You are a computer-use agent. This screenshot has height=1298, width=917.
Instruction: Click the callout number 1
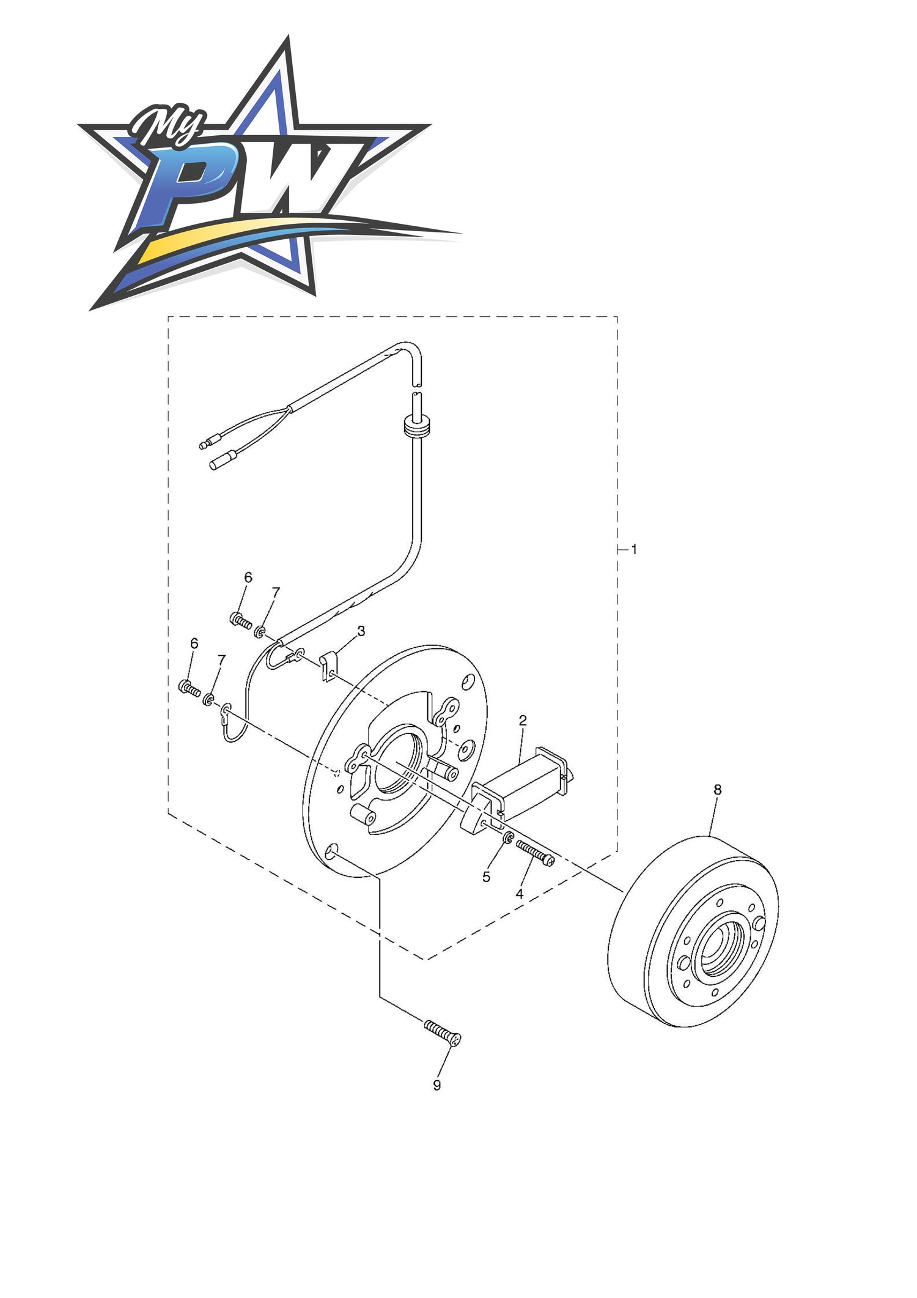634,549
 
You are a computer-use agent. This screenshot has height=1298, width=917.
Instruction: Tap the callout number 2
523,721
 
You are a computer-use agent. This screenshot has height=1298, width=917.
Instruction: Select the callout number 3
361,631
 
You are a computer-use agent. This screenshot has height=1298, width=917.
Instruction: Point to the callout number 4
519,894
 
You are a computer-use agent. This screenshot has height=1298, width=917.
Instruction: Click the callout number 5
486,877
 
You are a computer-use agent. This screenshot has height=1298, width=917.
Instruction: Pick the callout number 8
717,790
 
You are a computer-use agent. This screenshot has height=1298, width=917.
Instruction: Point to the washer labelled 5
507,838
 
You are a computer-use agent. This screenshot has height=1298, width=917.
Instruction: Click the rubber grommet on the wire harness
418,426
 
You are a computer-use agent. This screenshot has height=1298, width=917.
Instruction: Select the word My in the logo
166,125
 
